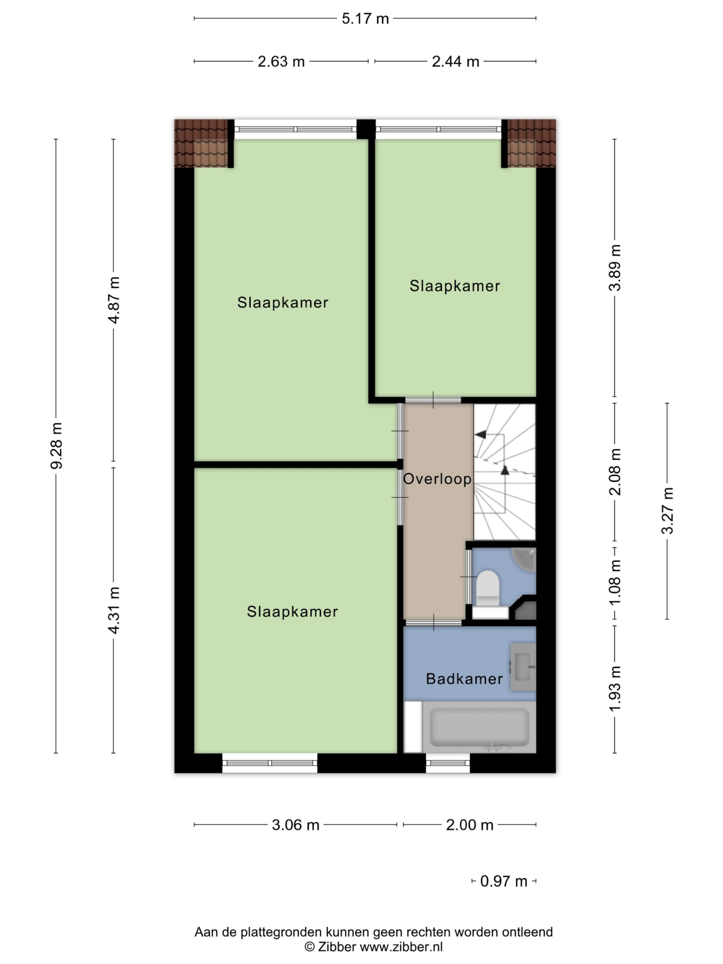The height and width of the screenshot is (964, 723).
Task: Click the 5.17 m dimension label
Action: click(x=365, y=19)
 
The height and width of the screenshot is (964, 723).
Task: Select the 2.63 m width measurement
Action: click(x=281, y=61)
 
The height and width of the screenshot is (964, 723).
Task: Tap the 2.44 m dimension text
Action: click(x=455, y=61)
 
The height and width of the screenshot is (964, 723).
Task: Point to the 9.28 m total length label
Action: click(x=56, y=445)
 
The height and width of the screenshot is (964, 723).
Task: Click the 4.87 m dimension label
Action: click(x=114, y=300)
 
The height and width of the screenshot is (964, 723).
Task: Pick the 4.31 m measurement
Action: click(x=114, y=610)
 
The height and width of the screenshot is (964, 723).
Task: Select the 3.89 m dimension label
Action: click(x=615, y=268)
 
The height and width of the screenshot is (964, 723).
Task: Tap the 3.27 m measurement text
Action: click(x=667, y=510)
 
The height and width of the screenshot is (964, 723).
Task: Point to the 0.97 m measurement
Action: click(x=504, y=881)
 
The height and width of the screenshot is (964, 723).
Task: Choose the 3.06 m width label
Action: click(x=296, y=825)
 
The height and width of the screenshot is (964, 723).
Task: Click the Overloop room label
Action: click(x=437, y=479)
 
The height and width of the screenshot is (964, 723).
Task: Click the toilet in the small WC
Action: click(x=488, y=588)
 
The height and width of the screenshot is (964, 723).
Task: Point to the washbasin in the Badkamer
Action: click(x=523, y=667)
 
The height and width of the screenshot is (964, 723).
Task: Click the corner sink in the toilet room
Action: click(x=524, y=560)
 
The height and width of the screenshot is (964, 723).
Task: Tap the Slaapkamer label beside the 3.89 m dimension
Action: click(x=455, y=286)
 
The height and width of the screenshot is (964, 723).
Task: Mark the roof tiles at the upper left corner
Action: click(x=201, y=143)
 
